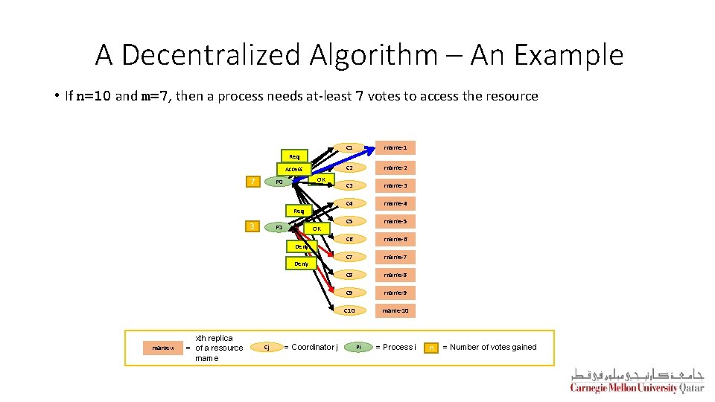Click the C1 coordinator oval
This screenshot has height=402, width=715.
point(349,147)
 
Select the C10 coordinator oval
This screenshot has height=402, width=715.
point(349,310)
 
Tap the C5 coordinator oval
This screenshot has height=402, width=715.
point(349,221)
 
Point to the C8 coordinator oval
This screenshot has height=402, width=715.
point(349,275)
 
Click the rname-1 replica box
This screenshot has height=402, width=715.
point(395,147)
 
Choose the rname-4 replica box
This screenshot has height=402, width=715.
point(395,203)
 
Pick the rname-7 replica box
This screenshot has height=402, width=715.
point(395,257)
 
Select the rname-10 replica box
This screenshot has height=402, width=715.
point(395,310)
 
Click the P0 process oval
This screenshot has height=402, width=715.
point(279,182)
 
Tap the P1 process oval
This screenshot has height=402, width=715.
point(279,226)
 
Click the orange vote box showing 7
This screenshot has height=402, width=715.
point(254,182)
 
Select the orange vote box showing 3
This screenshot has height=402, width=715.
point(254,226)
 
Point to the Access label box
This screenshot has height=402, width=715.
point(293,169)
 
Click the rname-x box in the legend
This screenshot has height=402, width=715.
point(162,348)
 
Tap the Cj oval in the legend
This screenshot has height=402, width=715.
point(267,348)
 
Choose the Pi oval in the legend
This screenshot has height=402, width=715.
point(358,348)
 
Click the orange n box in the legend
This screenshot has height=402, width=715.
point(431,348)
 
